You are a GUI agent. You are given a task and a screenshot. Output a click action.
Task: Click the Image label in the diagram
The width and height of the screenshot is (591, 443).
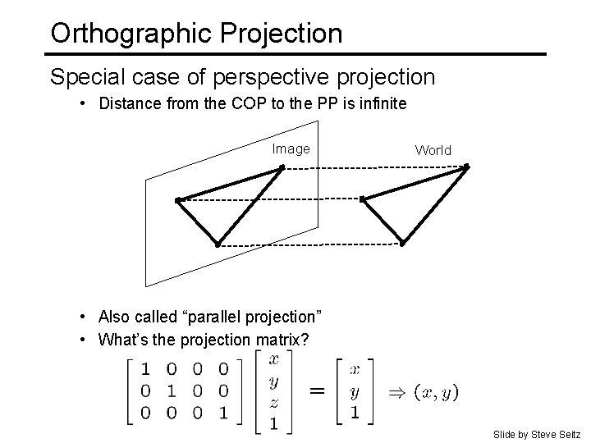click(x=291, y=148)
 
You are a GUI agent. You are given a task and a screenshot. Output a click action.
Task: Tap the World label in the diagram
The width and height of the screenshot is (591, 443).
click(x=433, y=150)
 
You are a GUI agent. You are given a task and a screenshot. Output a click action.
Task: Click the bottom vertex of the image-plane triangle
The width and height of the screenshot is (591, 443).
click(x=218, y=244)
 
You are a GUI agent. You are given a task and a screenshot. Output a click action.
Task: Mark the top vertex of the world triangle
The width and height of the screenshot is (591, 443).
click(x=466, y=167)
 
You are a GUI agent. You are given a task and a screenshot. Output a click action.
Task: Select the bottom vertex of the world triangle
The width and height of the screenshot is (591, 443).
click(x=402, y=243)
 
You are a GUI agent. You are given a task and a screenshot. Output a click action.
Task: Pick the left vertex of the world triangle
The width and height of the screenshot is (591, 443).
click(x=362, y=199)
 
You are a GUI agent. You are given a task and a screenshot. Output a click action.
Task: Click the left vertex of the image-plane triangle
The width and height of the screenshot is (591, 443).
click(x=177, y=199)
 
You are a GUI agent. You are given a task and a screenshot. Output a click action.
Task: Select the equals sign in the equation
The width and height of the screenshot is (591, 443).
click(x=314, y=391)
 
